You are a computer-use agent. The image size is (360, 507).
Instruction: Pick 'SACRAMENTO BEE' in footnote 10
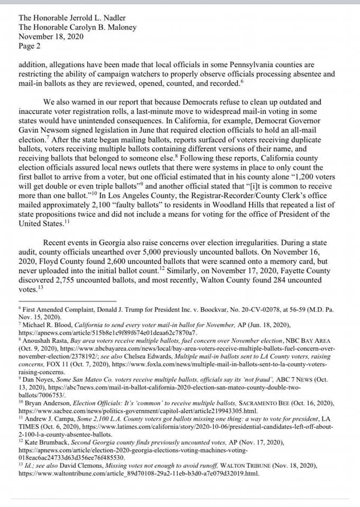point(271,403)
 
